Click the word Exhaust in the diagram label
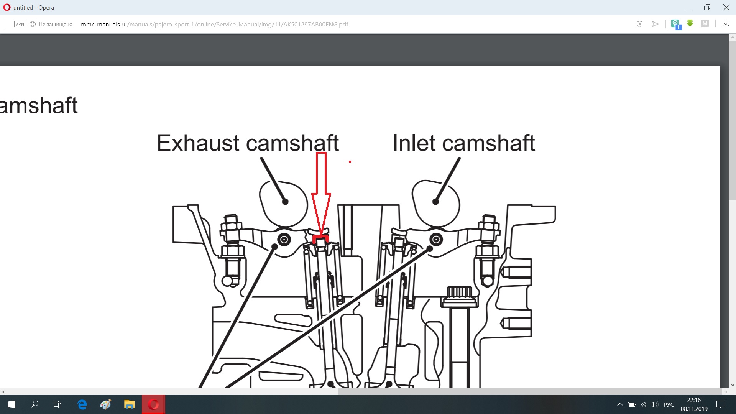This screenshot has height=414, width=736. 199,143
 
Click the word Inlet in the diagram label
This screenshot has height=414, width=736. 414,143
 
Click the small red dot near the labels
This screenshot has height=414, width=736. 350,162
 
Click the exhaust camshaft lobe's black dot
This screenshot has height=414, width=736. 285,202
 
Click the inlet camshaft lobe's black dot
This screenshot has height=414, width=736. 435,202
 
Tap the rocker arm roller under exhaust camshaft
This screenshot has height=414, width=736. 284,240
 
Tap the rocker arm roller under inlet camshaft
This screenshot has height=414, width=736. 436,240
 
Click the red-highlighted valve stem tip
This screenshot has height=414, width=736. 321,240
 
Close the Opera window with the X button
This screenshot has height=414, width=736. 726,7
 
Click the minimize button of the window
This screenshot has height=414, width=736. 688,7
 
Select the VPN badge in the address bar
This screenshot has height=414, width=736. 20,24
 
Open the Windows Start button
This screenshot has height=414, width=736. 11,404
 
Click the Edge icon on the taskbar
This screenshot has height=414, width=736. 82,404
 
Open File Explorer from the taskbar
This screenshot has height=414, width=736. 129,404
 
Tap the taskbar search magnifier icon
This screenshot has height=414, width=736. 34,404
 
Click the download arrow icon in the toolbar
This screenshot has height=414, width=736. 726,24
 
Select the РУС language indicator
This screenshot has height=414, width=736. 669,404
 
